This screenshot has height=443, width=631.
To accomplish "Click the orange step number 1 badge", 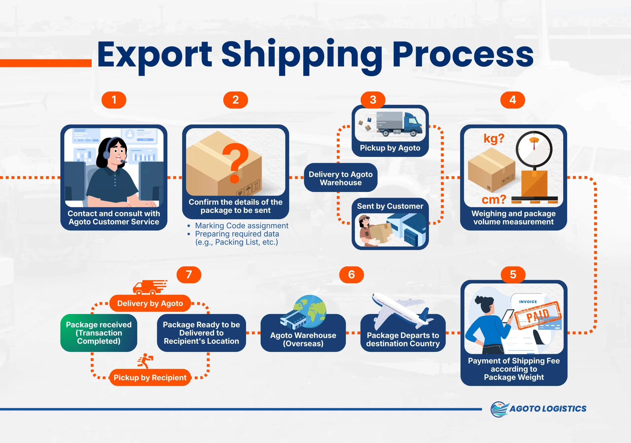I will [x=114, y=100].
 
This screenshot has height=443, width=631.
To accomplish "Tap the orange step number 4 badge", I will [x=512, y=100].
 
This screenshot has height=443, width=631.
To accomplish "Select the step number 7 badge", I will [x=189, y=274].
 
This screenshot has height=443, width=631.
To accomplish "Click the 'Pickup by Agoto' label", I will [x=390, y=148].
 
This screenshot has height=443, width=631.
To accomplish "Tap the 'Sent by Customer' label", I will [x=390, y=206].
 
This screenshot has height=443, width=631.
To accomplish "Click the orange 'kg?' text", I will [x=494, y=138].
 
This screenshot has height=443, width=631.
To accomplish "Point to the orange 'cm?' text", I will [x=494, y=199].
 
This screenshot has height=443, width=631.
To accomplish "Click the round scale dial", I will [x=534, y=149].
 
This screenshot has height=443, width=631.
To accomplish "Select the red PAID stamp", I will [x=538, y=315].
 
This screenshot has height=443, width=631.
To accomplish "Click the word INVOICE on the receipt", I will [x=528, y=302].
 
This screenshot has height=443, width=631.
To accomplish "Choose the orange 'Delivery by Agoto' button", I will [x=150, y=303].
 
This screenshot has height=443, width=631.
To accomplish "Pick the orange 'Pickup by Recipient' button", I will [x=150, y=377].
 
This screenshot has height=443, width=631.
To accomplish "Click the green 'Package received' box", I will [x=99, y=333].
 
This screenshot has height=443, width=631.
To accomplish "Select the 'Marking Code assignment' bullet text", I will [x=242, y=226].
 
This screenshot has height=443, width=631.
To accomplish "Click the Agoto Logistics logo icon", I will [x=499, y=409].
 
